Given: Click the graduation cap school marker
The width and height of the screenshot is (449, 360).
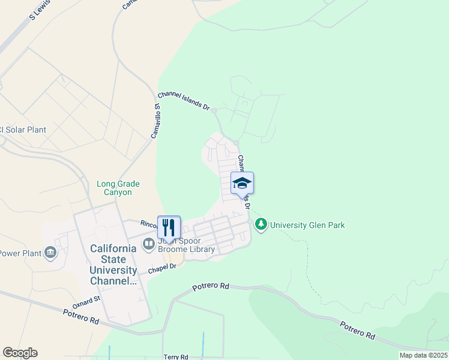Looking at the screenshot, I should tap(242, 182).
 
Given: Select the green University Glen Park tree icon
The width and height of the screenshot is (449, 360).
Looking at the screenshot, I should tap(261, 225).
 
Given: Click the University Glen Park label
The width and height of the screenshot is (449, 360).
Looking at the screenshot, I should tap(307, 226).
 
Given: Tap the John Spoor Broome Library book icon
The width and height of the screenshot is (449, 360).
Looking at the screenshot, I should tap(148, 244).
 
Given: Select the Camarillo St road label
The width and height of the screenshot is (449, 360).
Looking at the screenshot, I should tap(156, 121).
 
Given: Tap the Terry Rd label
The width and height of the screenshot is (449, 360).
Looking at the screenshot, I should tap(175, 356).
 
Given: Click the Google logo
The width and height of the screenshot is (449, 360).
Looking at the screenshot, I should tap(20, 353).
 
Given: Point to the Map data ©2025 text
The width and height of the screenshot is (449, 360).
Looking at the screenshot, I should tap(423, 355).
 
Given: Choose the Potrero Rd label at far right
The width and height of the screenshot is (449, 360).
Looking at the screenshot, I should tap(358, 331).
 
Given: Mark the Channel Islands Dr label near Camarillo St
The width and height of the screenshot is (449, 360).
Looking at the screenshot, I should tap(184, 101).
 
